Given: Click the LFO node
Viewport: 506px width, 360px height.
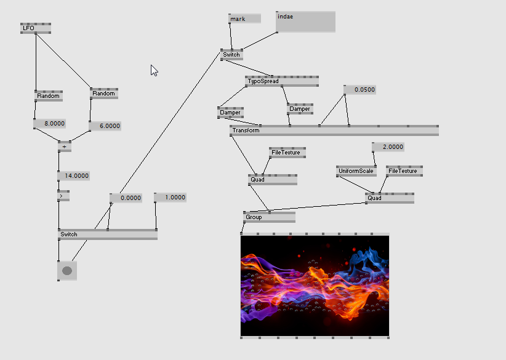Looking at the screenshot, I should pyautogui.click(x=35, y=28).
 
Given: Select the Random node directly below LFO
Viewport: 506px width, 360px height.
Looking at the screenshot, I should pyautogui.click(x=48, y=96).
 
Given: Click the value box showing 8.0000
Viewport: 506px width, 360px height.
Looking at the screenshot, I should pyautogui.click(x=50, y=124).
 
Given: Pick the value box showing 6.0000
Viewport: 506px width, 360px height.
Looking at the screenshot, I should pyautogui.click(x=105, y=126).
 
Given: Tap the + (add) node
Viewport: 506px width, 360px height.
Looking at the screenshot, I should pyautogui.click(x=64, y=146).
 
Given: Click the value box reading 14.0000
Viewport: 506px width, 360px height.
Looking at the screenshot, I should pyautogui.click(x=74, y=176).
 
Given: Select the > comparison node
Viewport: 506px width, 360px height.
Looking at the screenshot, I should pyautogui.click(x=63, y=196).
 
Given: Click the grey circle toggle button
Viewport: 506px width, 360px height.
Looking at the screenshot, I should pyautogui.click(x=67, y=271).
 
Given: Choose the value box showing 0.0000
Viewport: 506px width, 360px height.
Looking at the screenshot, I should pyautogui.click(x=126, y=198).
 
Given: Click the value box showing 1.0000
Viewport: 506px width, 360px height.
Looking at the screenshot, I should pyautogui.click(x=170, y=198).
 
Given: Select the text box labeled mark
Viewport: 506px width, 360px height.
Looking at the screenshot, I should pyautogui.click(x=244, y=19).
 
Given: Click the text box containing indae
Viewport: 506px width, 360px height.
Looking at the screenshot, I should pyautogui.click(x=305, y=22).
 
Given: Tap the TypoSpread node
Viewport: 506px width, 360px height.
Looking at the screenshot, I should pyautogui.click(x=281, y=81).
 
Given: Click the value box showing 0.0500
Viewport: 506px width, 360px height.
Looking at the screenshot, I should pyautogui.click(x=360, y=90).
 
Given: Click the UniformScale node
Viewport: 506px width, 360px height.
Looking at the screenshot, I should pyautogui.click(x=356, y=171).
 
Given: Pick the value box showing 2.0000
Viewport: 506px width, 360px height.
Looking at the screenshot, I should pyautogui.click(x=388, y=147).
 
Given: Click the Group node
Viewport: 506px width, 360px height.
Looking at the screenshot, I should pyautogui.click(x=269, y=217).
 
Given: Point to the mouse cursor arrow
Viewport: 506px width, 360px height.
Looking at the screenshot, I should pyautogui.click(x=154, y=70).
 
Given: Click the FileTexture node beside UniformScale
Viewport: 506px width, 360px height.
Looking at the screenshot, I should pyautogui.click(x=404, y=171).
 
